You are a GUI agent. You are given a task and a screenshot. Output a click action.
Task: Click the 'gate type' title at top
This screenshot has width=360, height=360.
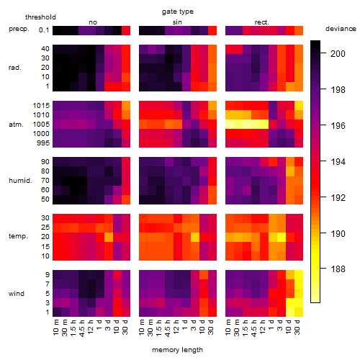tap(178, 12)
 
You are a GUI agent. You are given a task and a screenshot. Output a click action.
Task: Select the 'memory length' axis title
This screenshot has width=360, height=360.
tap(177, 350)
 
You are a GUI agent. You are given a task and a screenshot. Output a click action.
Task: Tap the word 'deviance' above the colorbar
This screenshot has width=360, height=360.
tap(341, 29)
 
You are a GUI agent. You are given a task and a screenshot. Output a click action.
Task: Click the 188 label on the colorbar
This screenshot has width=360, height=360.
tap(338, 269)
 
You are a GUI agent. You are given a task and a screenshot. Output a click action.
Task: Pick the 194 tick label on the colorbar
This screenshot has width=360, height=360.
tap(338, 161)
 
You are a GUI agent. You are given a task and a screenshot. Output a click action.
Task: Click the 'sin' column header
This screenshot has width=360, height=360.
tap(177, 22)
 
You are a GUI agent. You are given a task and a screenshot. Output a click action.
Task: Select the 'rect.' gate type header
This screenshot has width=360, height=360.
tap(261, 22)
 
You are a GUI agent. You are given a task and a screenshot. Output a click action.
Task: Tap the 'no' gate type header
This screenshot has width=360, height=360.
tap(93, 22)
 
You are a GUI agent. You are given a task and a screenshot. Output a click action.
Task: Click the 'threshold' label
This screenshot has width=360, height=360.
tap(40, 17)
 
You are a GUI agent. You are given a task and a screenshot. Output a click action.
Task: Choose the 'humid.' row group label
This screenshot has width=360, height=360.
tap(20, 181)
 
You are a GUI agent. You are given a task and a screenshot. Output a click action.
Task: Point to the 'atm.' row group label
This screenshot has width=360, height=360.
tap(16, 125)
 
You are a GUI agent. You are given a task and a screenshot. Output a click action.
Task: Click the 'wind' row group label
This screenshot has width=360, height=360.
tap(17, 294)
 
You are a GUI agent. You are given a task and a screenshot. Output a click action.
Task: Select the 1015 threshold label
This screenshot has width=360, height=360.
tap(41, 106)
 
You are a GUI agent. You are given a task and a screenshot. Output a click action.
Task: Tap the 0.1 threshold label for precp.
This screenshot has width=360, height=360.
tap(44, 30)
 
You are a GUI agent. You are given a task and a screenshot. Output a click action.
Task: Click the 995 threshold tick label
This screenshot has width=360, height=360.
tap(43, 143)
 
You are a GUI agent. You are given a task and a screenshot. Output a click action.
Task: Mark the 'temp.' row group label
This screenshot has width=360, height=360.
tap(18, 236)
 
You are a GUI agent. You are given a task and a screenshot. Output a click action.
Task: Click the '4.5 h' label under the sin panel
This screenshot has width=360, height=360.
tap(168, 328)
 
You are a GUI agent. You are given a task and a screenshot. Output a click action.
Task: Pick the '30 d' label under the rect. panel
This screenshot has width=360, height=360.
tap(297, 327)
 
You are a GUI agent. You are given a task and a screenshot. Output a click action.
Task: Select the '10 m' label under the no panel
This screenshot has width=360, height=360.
tap(56, 328)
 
